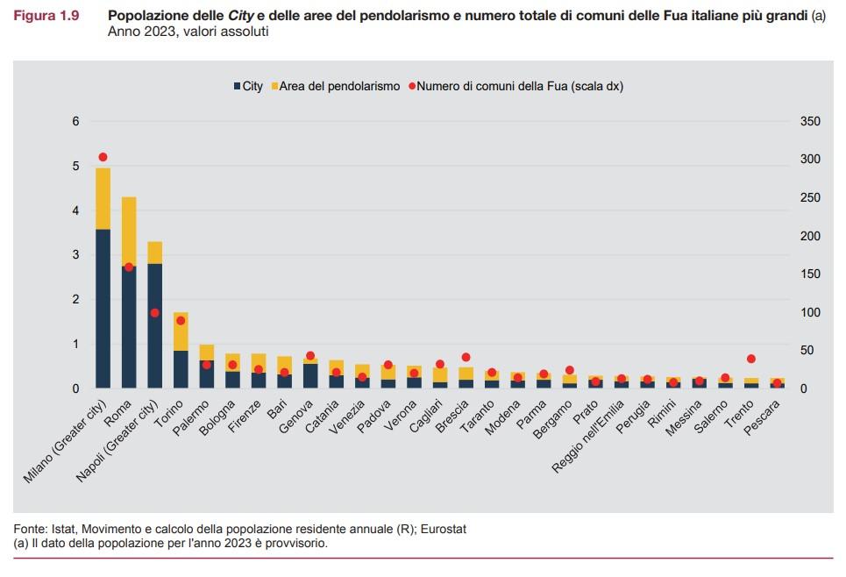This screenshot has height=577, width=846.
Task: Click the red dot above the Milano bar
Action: click(x=103, y=157)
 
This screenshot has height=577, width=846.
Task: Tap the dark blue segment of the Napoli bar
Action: click(x=154, y=324)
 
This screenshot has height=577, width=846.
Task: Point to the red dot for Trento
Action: click(x=750, y=359)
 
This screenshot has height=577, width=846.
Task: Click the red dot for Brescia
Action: click(x=466, y=357)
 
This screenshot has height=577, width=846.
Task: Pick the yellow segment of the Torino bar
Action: click(x=181, y=331)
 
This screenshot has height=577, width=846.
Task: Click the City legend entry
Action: click(x=248, y=86)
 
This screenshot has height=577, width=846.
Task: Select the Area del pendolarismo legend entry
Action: click(x=338, y=86)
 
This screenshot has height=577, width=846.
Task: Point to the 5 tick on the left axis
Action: click(x=76, y=167)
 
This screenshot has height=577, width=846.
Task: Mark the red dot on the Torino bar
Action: click(x=181, y=321)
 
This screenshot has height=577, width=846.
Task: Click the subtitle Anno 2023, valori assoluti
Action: click(x=188, y=32)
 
